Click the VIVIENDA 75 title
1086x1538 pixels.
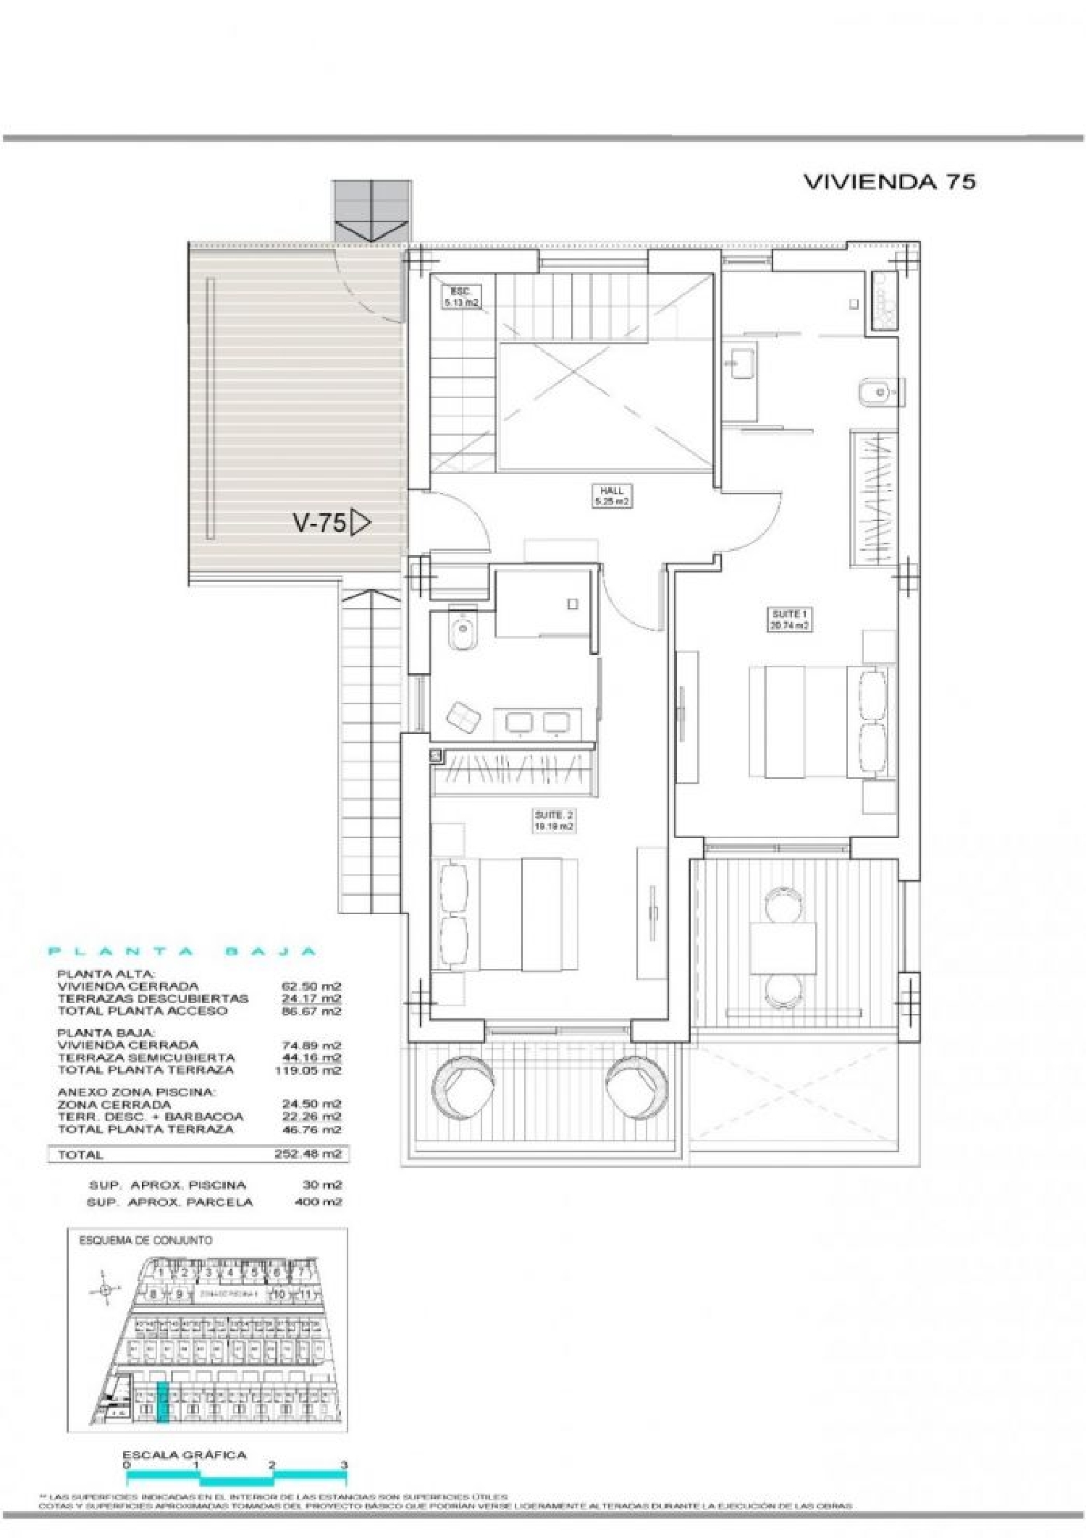point(890,182)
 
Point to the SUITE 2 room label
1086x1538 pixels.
point(555,820)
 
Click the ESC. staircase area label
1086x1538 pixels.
point(460,297)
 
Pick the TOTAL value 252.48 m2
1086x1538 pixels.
point(308,1154)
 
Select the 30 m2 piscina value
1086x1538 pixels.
point(322,1185)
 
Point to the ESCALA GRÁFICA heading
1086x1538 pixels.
point(184,1455)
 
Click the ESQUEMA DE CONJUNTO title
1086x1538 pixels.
point(146,1240)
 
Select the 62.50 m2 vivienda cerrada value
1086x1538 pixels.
point(311,986)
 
